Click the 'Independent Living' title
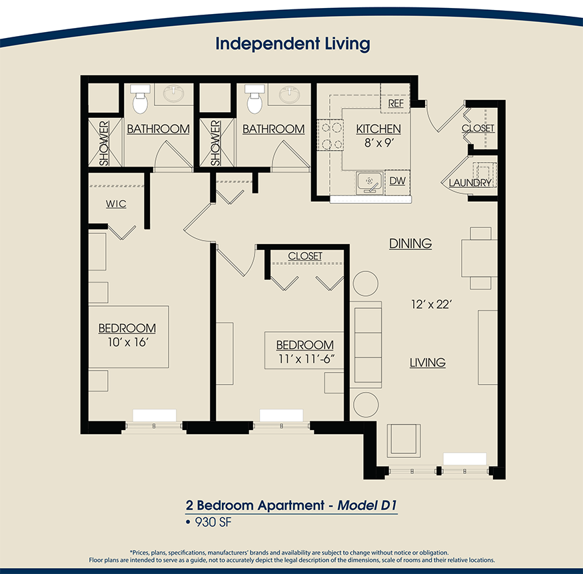coord(292,44)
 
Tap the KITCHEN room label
coord(378,129)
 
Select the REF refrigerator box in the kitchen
coord(396,103)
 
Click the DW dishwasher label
coord(397,181)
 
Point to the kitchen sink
coord(368,181)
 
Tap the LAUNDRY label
coord(470,183)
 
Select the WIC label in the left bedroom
coord(116,203)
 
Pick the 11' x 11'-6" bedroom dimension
coord(304,360)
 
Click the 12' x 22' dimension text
coord(431,304)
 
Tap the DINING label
coord(410,244)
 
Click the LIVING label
coord(427,363)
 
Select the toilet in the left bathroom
coord(140,101)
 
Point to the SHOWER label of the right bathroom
coord(215,143)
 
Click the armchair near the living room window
coord(404,440)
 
